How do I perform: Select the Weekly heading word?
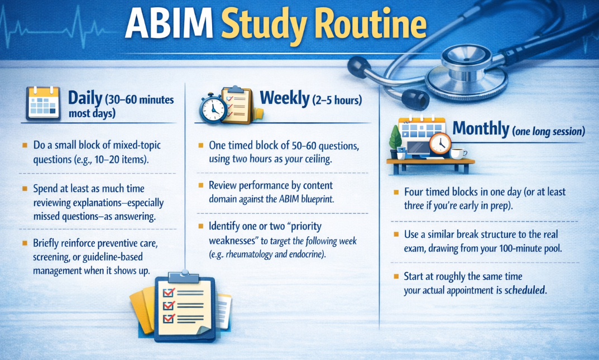click(x=284, y=98)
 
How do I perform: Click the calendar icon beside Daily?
click(x=43, y=102)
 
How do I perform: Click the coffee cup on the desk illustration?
click(x=458, y=153)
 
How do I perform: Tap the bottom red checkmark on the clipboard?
click(x=168, y=318)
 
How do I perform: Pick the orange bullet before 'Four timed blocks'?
click(x=396, y=191)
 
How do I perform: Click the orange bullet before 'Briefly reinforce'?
click(x=25, y=243)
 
